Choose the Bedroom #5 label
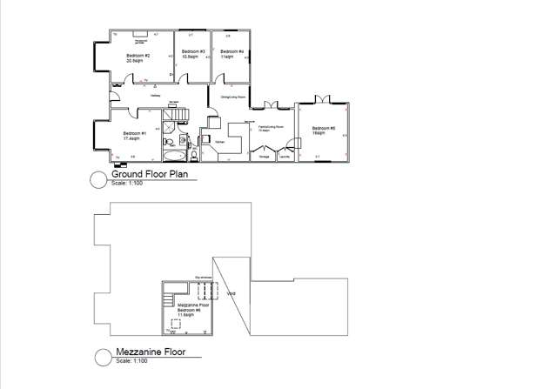click(319, 131)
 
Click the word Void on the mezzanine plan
click(230, 293)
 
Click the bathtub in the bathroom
click(174, 157)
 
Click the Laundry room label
click(284, 157)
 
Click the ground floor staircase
click(177, 114)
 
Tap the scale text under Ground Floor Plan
click(127, 184)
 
